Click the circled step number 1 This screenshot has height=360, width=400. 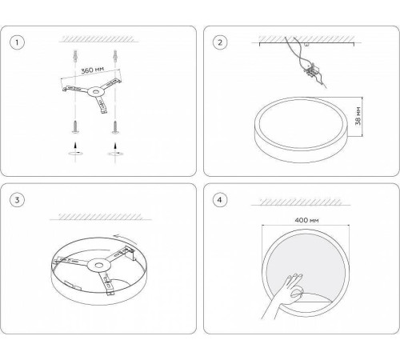(17, 42)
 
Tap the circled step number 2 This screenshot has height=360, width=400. (220, 42)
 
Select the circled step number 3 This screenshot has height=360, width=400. (17, 200)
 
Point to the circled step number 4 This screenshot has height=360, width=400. (220, 200)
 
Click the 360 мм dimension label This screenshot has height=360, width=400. (93, 70)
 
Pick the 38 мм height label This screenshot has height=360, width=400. (358, 116)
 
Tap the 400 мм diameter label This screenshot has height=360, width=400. (306, 220)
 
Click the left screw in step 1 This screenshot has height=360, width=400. (75, 126)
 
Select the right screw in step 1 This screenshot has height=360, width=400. (115, 127)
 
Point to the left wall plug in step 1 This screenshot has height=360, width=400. (75, 56)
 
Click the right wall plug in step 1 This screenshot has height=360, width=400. (115, 56)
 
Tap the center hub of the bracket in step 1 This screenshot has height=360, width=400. (95, 92)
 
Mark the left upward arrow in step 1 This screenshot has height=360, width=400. (75, 146)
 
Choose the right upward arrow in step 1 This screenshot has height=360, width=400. (115, 146)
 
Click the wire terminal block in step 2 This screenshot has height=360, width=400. (311, 71)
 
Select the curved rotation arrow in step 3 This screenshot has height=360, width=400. (126, 238)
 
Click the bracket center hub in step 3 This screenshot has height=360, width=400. (99, 266)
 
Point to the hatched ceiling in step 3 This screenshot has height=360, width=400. (101, 217)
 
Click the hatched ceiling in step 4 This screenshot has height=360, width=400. (301, 202)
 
